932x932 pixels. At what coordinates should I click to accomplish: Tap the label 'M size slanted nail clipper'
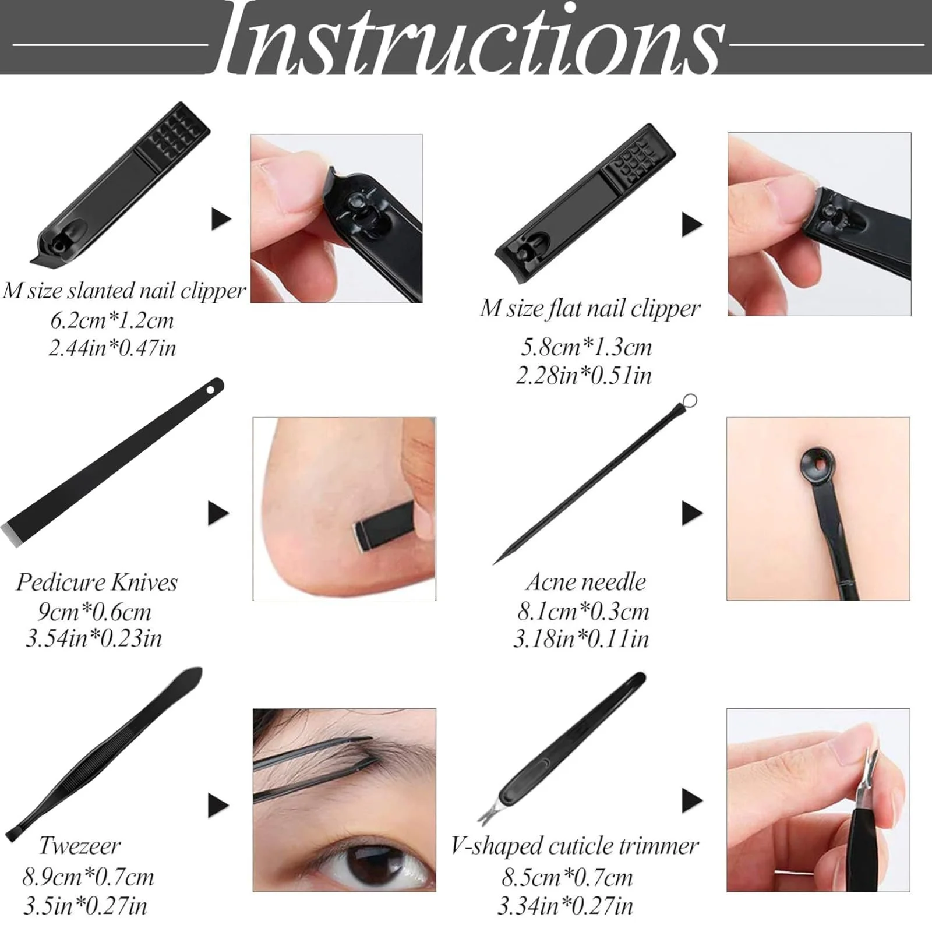(124, 291)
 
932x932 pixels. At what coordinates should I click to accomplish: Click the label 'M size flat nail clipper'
(589, 309)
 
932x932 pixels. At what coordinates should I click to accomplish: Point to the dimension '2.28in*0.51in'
(584, 375)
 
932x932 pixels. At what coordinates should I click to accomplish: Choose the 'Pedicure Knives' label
(97, 582)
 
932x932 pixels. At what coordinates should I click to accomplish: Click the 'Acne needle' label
(586, 582)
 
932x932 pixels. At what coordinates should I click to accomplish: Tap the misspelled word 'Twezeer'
(80, 846)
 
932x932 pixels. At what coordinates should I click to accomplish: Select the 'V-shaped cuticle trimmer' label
(574, 846)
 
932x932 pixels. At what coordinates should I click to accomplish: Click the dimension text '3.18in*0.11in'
(581, 639)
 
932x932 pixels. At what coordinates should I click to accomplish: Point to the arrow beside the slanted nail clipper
(221, 219)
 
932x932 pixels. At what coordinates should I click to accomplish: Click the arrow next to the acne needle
(692, 513)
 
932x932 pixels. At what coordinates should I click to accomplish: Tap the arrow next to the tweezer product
(218, 806)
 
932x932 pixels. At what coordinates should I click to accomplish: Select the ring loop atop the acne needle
(689, 401)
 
